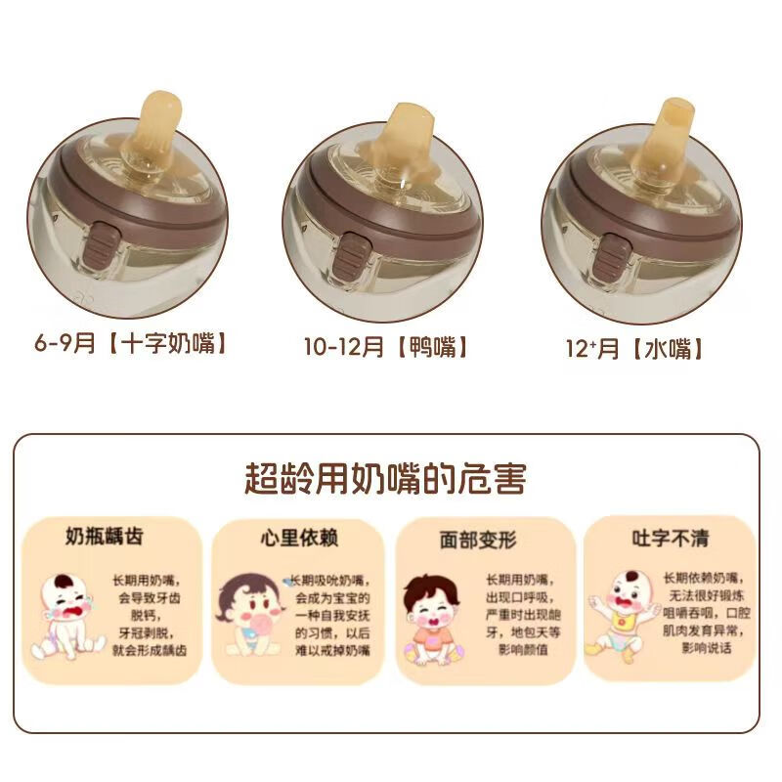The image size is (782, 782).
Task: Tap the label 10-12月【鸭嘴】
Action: [386, 347]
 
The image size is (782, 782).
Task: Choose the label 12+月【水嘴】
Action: [635, 348]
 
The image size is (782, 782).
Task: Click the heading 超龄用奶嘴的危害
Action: [385, 479]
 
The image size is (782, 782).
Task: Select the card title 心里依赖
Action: [292, 538]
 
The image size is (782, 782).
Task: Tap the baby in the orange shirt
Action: [433, 620]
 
